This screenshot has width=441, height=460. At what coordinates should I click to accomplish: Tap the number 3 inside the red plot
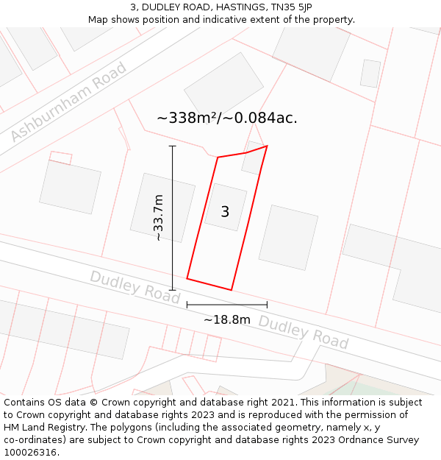point(225,212)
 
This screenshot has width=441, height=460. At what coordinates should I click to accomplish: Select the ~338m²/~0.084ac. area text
point(227,118)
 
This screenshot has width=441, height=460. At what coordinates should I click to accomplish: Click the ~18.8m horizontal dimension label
point(227,319)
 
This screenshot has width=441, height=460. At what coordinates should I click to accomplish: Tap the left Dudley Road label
point(135,286)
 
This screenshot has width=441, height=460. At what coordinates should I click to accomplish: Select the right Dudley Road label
point(303,333)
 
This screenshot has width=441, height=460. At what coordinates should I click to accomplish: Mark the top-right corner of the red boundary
point(267,146)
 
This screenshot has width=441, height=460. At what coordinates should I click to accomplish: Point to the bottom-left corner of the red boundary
point(187,278)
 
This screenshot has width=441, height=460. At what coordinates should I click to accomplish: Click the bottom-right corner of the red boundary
point(232,290)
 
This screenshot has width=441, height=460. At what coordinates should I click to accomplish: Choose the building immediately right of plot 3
point(288,237)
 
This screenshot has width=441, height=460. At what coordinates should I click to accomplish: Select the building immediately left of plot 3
point(162,207)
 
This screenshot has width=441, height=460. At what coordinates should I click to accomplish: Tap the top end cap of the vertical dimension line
point(173,146)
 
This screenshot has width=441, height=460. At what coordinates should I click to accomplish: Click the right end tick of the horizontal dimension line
point(267,304)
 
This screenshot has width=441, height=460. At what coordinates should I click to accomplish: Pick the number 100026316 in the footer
point(29,453)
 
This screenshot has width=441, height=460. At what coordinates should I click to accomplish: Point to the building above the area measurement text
point(223,85)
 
